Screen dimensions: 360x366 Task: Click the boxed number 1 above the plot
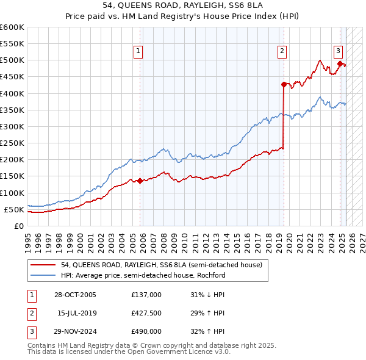pyautogui.click(x=140, y=51)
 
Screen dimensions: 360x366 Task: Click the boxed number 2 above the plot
pyautogui.click(x=283, y=51)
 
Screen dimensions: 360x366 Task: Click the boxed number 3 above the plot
pyautogui.click(x=338, y=51)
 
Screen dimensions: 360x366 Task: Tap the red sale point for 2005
pyautogui.click(x=140, y=181)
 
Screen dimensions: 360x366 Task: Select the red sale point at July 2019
pyautogui.click(x=284, y=84)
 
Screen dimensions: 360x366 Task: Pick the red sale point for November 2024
pyautogui.click(x=340, y=63)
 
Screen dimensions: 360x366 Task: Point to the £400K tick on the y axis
pyautogui.click(x=12, y=93)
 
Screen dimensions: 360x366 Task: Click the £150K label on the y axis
pyautogui.click(x=12, y=176)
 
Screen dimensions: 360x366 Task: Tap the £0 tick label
pyautogui.click(x=18, y=226)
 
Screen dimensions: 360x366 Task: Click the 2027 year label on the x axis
pyautogui.click(x=362, y=240)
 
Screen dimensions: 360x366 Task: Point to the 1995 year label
pyautogui.click(x=28, y=240)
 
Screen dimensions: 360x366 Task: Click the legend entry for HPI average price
pyautogui.click(x=143, y=275)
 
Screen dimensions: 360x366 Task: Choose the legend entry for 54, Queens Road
pyautogui.click(x=162, y=265)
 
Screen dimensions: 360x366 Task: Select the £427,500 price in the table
pyautogui.click(x=146, y=314)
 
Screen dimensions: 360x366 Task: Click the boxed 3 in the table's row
pyautogui.click(x=30, y=333)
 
